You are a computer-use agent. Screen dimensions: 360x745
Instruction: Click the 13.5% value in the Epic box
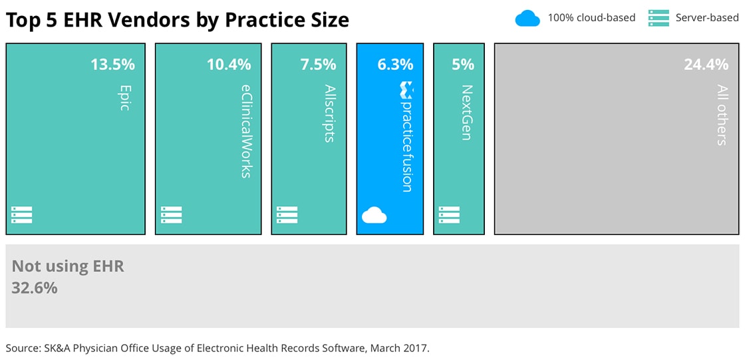tap(112, 65)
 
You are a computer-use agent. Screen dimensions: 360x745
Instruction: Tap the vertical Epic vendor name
tap(124, 96)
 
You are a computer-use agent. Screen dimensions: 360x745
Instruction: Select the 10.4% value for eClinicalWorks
tap(229, 65)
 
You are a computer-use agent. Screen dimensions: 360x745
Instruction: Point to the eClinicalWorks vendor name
tap(245, 130)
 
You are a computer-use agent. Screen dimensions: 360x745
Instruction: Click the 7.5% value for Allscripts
tap(318, 65)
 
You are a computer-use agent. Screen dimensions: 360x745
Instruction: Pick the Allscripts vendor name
tap(329, 113)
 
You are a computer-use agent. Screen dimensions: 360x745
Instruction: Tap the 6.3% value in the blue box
tap(395, 65)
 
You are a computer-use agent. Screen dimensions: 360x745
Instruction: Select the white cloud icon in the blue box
tap(374, 215)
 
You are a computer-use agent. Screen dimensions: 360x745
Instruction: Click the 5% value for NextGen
tap(462, 65)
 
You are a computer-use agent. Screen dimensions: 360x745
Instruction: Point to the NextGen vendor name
tap(466, 112)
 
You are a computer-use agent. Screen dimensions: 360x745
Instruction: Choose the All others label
tap(722, 114)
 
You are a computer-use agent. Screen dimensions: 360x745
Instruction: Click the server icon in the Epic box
tap(22, 215)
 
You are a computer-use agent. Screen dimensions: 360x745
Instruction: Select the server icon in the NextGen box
tap(449, 215)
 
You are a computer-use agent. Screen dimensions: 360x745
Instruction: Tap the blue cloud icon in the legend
tap(527, 18)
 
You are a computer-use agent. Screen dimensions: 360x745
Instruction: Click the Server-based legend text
tap(707, 18)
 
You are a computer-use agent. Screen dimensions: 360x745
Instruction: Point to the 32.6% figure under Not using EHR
tap(35, 288)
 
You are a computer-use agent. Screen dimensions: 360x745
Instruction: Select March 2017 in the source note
tap(406, 347)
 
